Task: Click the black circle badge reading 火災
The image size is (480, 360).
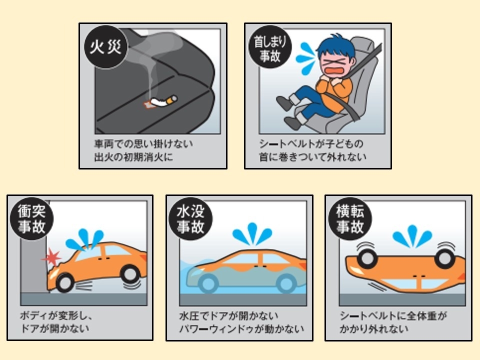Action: coord(105,47)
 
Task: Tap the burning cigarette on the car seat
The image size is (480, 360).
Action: coord(162,101)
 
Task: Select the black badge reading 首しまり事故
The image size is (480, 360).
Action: coord(270,47)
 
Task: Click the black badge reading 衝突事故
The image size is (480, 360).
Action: coord(31,218)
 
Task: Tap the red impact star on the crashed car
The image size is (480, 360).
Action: coord(52,257)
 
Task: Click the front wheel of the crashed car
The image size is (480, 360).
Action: coord(64,282)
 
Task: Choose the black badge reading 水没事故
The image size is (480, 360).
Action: coord(190,218)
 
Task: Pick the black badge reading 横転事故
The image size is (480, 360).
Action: coord(350,218)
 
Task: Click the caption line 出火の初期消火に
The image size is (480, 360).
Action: coord(133,157)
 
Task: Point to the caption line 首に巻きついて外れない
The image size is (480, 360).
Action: coord(312,156)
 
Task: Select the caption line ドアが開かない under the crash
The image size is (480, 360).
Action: coord(54,328)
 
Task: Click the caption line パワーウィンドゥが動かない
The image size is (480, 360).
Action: coord(241,329)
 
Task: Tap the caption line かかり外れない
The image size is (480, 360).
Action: coord(374,329)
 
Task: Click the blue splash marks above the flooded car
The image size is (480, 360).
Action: coord(252,234)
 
